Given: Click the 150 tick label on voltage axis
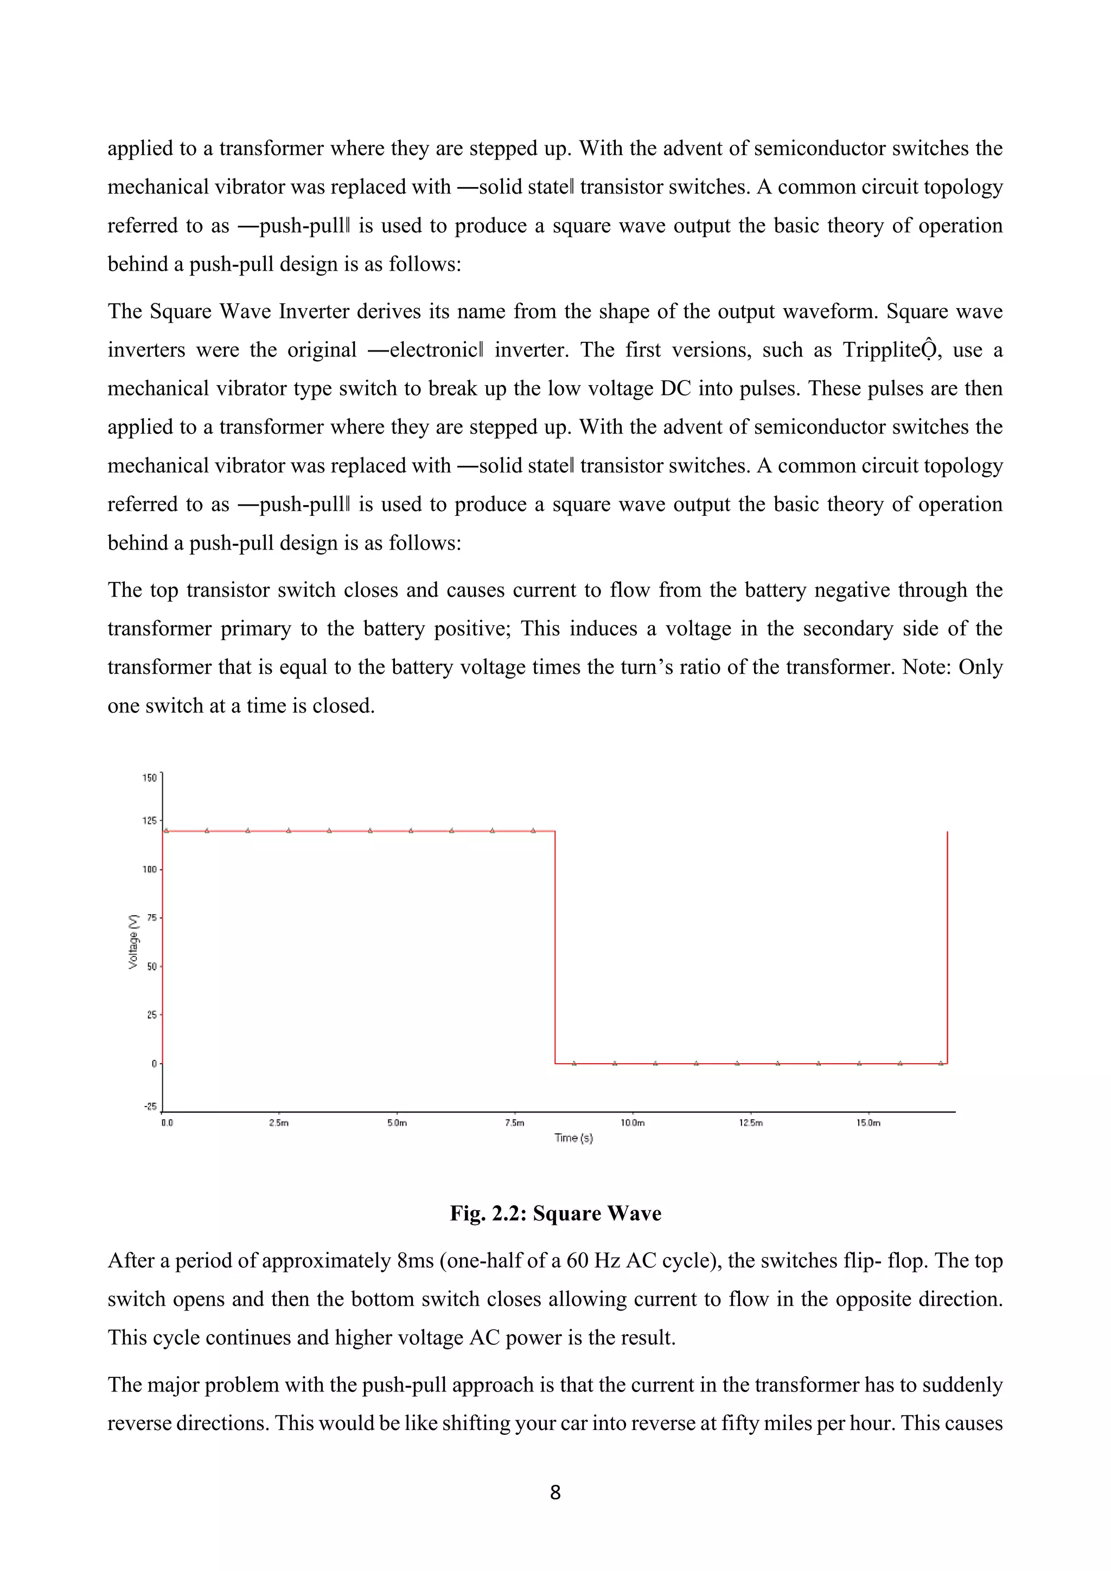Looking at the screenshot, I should (x=149, y=778).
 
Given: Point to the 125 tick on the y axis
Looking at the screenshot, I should (x=149, y=820).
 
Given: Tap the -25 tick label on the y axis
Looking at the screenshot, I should (x=150, y=1107).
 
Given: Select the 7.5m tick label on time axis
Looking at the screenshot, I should (x=514, y=1123).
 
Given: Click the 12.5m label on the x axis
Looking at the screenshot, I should (x=750, y=1123).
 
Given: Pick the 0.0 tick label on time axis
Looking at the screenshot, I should (x=167, y=1123).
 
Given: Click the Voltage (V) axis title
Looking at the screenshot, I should (x=133, y=942).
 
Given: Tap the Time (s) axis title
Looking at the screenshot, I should (x=573, y=1138).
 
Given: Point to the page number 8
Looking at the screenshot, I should (x=555, y=1493).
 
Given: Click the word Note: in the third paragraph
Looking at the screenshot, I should (x=927, y=667).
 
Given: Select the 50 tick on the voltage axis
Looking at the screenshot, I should (x=152, y=967).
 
